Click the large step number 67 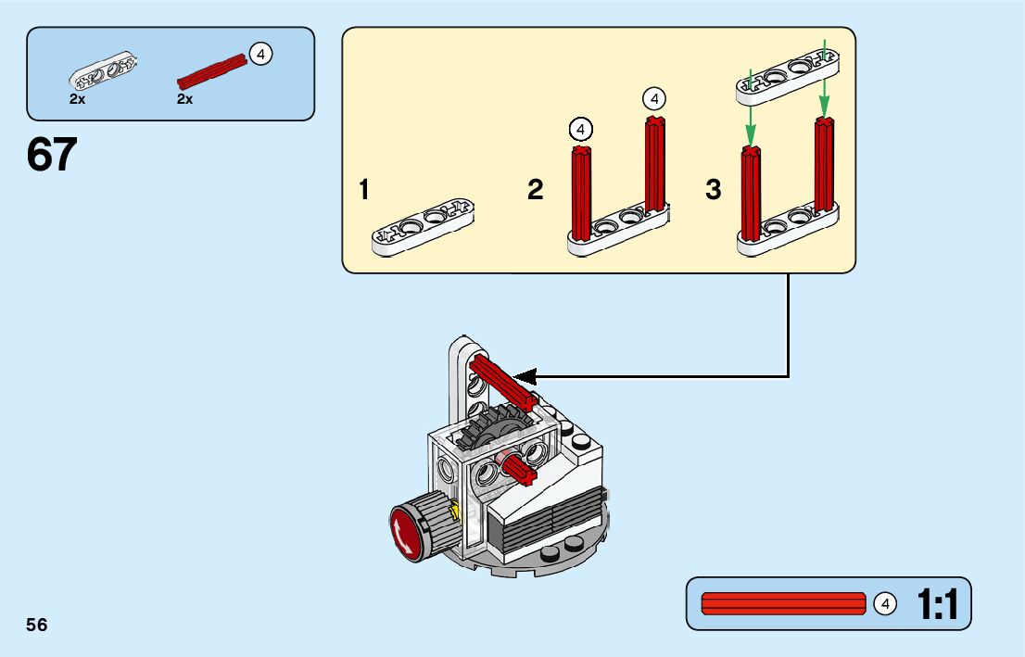click(x=51, y=155)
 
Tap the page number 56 click(x=37, y=625)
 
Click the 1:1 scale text click(x=937, y=605)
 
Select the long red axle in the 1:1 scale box click(x=783, y=604)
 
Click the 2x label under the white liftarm click(x=77, y=99)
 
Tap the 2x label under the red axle click(x=185, y=99)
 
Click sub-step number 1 click(x=364, y=191)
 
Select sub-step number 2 click(x=535, y=191)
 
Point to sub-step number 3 click(x=713, y=191)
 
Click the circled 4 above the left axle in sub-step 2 click(x=581, y=128)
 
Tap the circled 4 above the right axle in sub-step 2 click(x=654, y=98)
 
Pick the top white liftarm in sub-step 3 click(x=789, y=73)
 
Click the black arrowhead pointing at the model click(x=525, y=376)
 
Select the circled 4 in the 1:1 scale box click(x=885, y=604)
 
